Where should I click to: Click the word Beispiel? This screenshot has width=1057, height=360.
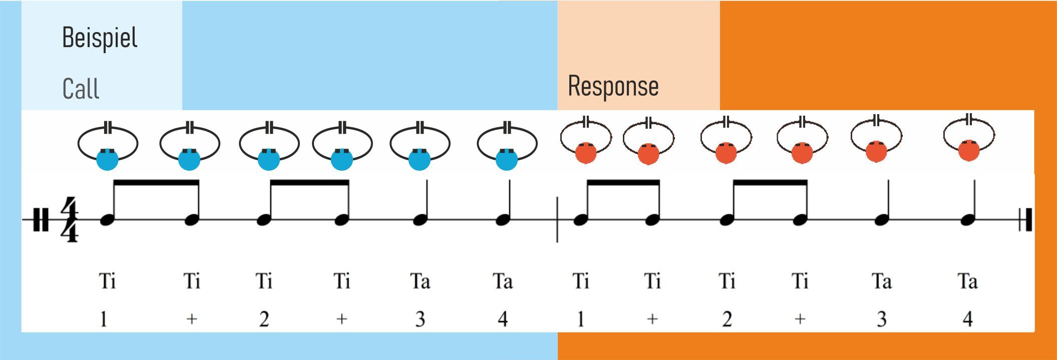click(100, 38)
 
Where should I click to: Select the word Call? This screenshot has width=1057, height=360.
click(81, 89)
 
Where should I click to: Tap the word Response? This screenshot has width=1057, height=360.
click(613, 86)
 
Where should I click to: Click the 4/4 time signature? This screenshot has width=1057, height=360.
click(70, 220)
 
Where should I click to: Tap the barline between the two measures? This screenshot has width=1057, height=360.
click(557, 220)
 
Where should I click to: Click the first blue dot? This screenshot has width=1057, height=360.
click(107, 160)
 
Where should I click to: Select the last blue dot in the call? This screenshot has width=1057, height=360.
click(506, 160)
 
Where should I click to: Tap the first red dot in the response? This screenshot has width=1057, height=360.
click(586, 153)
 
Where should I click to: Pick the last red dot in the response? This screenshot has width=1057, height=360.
click(969, 151)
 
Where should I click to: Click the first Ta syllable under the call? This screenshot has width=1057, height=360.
click(420, 281)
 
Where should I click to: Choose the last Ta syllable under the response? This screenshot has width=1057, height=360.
click(967, 281)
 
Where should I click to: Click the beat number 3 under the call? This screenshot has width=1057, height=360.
click(420, 319)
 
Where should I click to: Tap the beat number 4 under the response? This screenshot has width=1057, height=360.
click(968, 319)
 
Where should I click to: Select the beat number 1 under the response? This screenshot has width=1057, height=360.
click(580, 319)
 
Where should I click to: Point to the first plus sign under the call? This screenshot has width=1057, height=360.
click(192, 319)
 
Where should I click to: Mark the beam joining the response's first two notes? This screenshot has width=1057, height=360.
click(623, 183)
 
